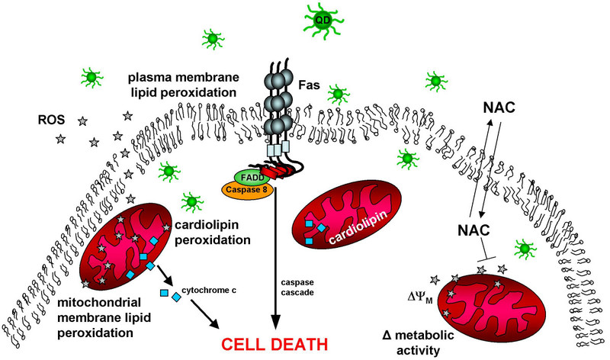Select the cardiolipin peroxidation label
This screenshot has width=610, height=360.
(x=213, y=232)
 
